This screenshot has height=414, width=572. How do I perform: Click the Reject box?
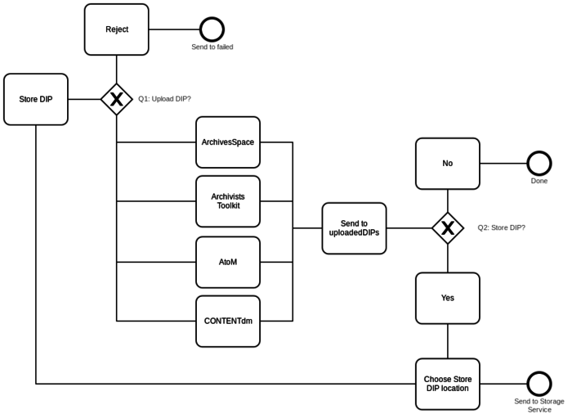pyautogui.click(x=117, y=29)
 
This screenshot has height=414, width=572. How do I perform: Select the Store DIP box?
pyautogui.click(x=36, y=99)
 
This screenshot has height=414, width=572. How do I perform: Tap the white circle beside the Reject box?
pyautogui.click(x=212, y=29)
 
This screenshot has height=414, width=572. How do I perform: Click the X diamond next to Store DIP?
pyautogui.click(x=117, y=99)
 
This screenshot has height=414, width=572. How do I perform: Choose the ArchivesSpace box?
pyautogui.click(x=228, y=142)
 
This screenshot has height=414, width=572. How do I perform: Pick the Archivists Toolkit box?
pyautogui.click(x=228, y=201)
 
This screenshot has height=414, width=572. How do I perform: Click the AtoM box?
pyautogui.click(x=228, y=262)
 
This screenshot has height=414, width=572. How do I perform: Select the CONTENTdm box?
pyautogui.click(x=228, y=321)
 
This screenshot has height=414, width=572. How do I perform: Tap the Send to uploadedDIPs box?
pyautogui.click(x=354, y=228)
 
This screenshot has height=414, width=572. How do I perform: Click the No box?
pyautogui.click(x=448, y=164)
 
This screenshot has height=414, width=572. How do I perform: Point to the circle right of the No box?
pyautogui.click(x=539, y=164)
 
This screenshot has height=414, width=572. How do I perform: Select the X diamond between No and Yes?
pyautogui.click(x=448, y=228)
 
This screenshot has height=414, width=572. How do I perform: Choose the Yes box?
pyautogui.click(x=448, y=298)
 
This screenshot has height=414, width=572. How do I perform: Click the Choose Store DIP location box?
pyautogui.click(x=448, y=384)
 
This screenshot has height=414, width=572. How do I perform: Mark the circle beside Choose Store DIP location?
pyautogui.click(x=539, y=384)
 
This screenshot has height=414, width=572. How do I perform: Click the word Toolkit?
pyautogui.click(x=228, y=206)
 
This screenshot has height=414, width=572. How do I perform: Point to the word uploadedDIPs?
pyautogui.click(x=354, y=233)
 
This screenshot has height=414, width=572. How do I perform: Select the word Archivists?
pyautogui.click(x=228, y=196)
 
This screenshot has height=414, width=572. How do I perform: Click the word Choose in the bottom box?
pyautogui.click(x=437, y=380)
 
